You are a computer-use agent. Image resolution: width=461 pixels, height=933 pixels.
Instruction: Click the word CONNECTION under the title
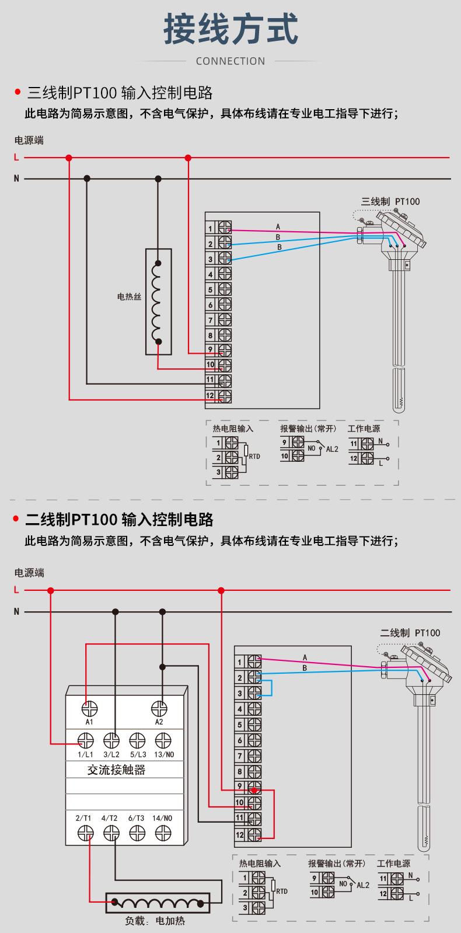[230, 61]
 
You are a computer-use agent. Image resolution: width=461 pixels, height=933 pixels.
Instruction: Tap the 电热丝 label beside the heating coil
[129, 297]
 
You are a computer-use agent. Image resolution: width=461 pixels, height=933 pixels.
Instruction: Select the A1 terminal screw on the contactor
[89, 709]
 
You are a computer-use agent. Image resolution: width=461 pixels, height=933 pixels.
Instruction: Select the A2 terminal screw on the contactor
[159, 709]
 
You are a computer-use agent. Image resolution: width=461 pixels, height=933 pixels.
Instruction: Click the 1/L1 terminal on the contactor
[86, 741]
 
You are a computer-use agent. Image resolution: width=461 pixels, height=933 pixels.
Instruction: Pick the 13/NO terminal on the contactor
[163, 741]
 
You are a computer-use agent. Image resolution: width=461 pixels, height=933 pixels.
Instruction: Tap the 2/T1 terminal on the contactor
[86, 834]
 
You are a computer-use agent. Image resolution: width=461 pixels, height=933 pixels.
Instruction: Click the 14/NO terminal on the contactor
[163, 834]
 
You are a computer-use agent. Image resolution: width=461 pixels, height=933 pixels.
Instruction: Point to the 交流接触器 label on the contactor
[116, 770]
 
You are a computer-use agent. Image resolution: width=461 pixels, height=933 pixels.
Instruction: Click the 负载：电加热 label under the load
[155, 921]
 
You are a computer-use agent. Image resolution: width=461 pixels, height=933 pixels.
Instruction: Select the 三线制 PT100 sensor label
[390, 201]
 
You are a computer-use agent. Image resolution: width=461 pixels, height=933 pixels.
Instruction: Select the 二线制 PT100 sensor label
[410, 633]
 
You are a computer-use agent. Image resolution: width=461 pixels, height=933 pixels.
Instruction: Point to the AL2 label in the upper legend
[332, 449]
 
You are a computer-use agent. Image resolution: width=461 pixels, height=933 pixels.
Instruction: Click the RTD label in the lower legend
[282, 891]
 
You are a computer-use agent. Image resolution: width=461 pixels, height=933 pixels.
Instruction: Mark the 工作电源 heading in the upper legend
[364, 429]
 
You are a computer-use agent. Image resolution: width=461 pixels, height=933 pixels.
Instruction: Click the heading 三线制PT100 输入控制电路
[120, 93]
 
